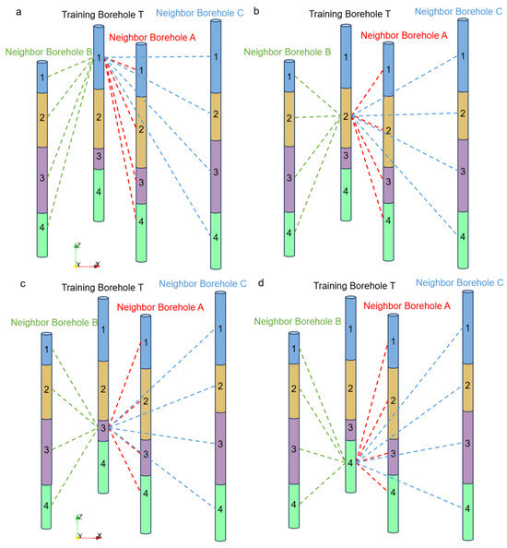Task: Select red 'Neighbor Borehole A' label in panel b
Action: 403,34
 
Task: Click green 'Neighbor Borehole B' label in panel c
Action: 53,322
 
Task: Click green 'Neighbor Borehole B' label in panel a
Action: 48,53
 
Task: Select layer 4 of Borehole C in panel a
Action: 216,237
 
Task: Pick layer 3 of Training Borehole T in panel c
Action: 104,428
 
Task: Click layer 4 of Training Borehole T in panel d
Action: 350,463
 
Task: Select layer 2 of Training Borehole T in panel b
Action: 346,117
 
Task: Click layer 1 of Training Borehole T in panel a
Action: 100,58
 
